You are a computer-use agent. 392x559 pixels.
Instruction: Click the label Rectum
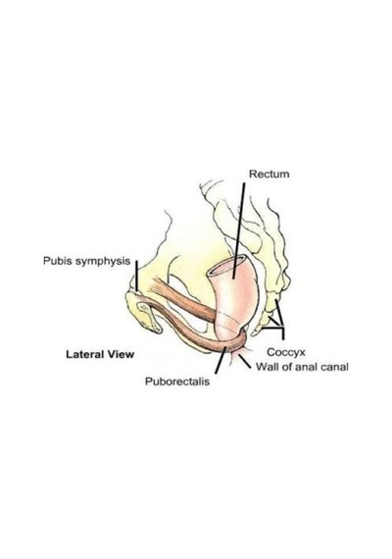pos(269,175)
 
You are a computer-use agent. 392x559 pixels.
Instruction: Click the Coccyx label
pos(286,353)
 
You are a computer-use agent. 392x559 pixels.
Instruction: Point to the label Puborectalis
pos(177,381)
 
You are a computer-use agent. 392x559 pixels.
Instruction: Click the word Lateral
pos(85,354)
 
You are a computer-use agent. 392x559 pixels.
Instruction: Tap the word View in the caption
pos(121,354)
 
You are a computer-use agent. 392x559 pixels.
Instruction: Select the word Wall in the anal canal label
pos(266,367)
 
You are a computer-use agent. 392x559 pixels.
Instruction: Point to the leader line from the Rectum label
pos(239,230)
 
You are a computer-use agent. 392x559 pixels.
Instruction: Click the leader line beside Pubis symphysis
pos(136,276)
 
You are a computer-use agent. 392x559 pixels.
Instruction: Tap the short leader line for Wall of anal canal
pos(244,362)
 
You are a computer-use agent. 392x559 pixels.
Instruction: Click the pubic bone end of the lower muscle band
pos(142,306)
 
